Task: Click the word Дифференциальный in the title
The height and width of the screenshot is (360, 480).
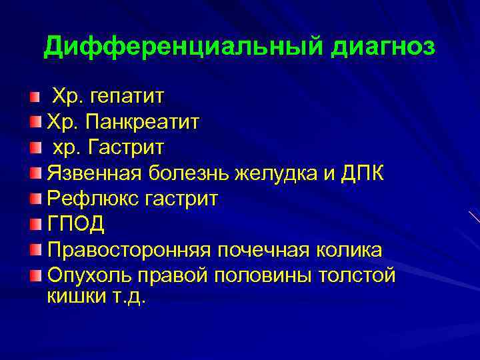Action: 180,47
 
